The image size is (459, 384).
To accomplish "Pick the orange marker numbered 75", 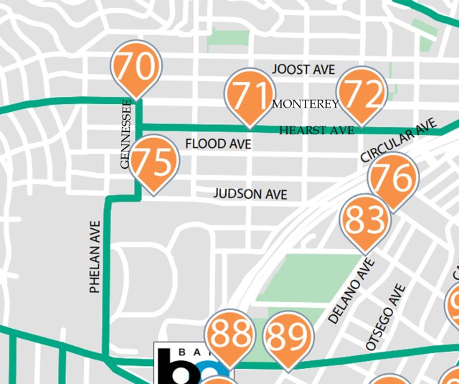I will (x=153, y=164).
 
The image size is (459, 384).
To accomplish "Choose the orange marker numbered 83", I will (x=364, y=221).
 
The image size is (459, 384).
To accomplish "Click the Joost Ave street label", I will (x=303, y=70).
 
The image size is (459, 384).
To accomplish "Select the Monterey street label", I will (x=306, y=104).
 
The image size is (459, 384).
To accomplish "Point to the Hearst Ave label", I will (x=316, y=131).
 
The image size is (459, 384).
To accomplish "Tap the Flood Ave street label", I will (x=218, y=144).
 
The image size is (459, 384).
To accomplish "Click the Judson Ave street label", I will (x=250, y=195).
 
